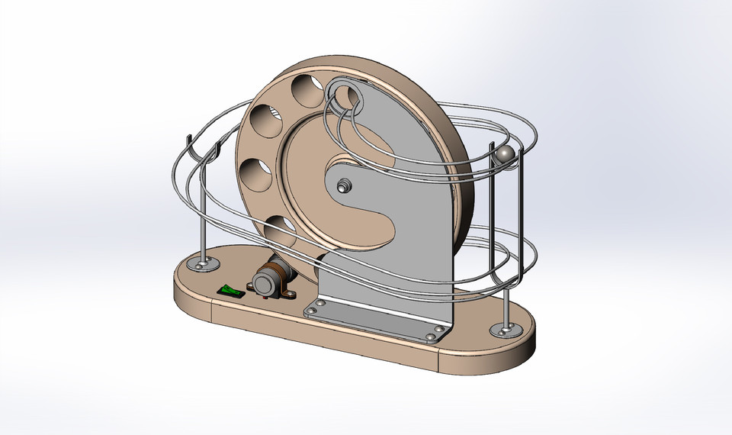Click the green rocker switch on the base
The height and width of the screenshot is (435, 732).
[x=229, y=291]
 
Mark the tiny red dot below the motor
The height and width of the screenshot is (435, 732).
[x=264, y=298]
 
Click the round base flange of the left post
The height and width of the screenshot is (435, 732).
[x=204, y=264]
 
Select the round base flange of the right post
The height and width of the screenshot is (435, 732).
[x=503, y=329]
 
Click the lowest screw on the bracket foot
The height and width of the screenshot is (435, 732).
[x=432, y=336]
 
